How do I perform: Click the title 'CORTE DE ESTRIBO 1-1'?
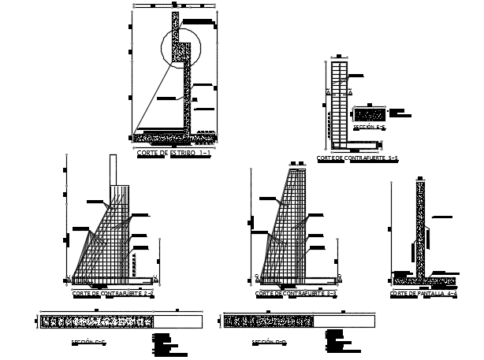click(x=173, y=154)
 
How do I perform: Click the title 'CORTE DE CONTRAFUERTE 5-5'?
click(x=357, y=158)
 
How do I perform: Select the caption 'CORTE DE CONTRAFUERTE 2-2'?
click(x=113, y=293)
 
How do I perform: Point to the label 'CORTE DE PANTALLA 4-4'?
click(x=423, y=293)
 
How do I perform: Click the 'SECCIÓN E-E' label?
click(x=369, y=127)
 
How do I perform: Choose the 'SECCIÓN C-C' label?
click(x=87, y=343)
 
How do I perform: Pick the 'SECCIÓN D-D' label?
click(x=269, y=343)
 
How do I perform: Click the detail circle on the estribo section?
click(x=183, y=47)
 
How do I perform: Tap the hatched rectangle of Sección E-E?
click(x=370, y=114)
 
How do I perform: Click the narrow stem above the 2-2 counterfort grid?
click(x=114, y=169)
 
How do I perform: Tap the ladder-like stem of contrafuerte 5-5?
click(x=337, y=102)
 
